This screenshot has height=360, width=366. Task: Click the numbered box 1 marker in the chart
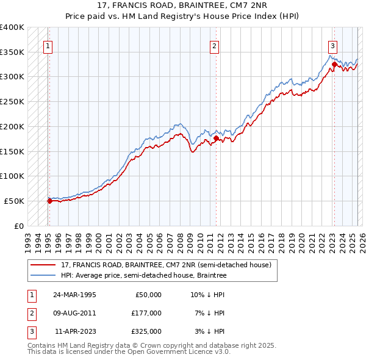pyautogui.click(x=48, y=45)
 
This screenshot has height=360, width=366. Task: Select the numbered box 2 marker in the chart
pyautogui.click(x=214, y=45)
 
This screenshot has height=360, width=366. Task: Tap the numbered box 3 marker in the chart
pyautogui.click(x=332, y=45)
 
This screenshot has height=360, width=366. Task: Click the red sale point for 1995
pyautogui.click(x=50, y=200)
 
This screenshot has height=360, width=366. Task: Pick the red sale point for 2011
pyautogui.click(x=216, y=138)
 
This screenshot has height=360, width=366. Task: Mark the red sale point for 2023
pyautogui.click(x=334, y=64)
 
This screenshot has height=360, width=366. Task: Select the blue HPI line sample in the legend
pyautogui.click(x=43, y=276)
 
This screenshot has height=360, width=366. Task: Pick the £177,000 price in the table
pyautogui.click(x=146, y=313)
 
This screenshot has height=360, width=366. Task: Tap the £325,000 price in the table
pyautogui.click(x=146, y=331)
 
